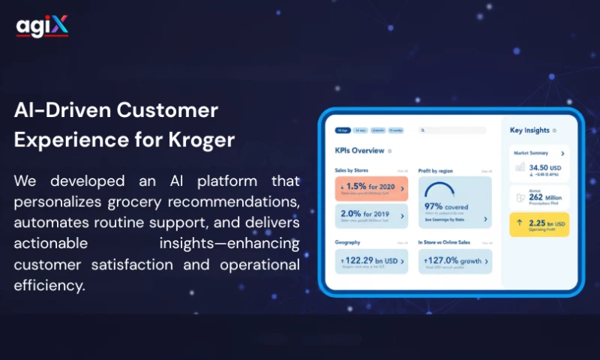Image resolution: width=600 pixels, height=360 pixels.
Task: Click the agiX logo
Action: (42, 26)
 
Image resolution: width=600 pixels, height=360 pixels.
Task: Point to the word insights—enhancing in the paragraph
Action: (229, 243)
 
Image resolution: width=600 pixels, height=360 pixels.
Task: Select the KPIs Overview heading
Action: (359, 151)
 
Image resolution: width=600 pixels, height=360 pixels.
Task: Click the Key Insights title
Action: (529, 130)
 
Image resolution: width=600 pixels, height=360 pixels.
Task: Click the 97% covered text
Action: (445, 206)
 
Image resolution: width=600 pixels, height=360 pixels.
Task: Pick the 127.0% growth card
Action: (454, 261)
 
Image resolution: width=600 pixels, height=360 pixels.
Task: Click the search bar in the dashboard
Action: (454, 130)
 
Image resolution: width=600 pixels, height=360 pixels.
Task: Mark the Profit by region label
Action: (436, 170)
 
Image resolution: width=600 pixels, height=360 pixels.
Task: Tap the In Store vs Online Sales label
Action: (444, 243)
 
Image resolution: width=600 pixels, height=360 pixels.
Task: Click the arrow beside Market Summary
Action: (562, 153)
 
